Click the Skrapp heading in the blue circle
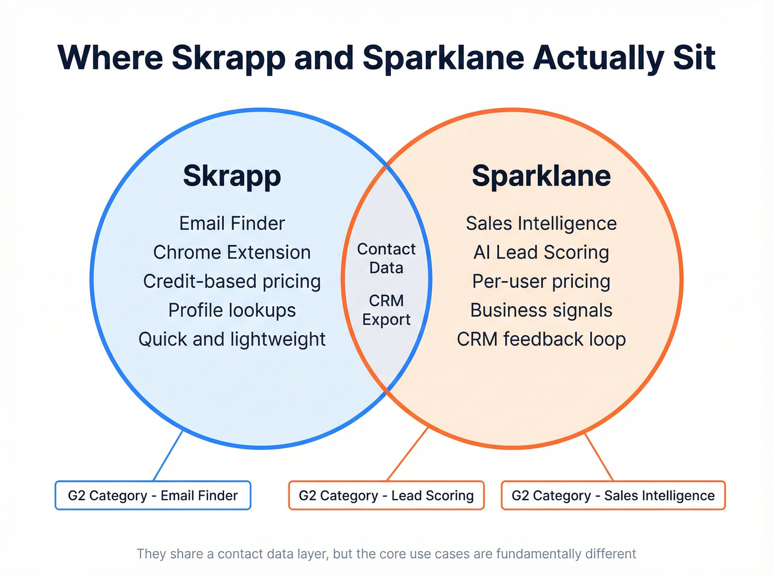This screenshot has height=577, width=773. coord(232,176)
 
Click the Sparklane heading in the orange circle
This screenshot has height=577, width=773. coord(541,176)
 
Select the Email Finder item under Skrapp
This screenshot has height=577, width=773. coord(232,223)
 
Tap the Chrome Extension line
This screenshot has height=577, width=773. coord(232,252)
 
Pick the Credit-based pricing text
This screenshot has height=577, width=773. coord(232,281)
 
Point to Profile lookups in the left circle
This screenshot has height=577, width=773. coord(232,310)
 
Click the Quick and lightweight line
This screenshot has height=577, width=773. coord(232,339)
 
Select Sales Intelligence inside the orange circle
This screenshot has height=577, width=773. coord(541,223)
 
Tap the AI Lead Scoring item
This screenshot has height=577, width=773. coord(541,252)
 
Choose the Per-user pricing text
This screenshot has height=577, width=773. coord(541,281)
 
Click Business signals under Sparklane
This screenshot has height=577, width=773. coord(541,310)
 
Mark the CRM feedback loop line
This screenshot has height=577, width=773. coord(541,339)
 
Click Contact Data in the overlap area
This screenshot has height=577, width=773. coord(386,258)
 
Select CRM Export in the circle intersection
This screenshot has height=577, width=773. coord(386,310)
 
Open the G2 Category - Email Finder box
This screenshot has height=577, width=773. coord(153,495)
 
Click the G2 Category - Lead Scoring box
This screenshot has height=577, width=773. coord(386,495)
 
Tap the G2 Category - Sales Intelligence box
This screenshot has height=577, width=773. coord(613,495)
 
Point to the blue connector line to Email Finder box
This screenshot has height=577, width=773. coord(168,456)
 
